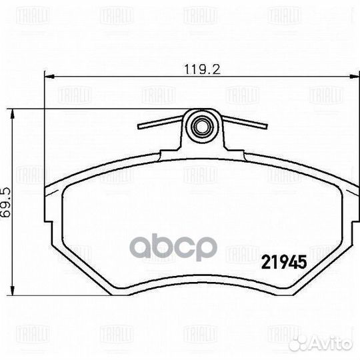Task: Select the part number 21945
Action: click(x=281, y=263)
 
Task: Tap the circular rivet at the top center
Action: click(x=201, y=124)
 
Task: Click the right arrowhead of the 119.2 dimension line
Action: click(x=347, y=77)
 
